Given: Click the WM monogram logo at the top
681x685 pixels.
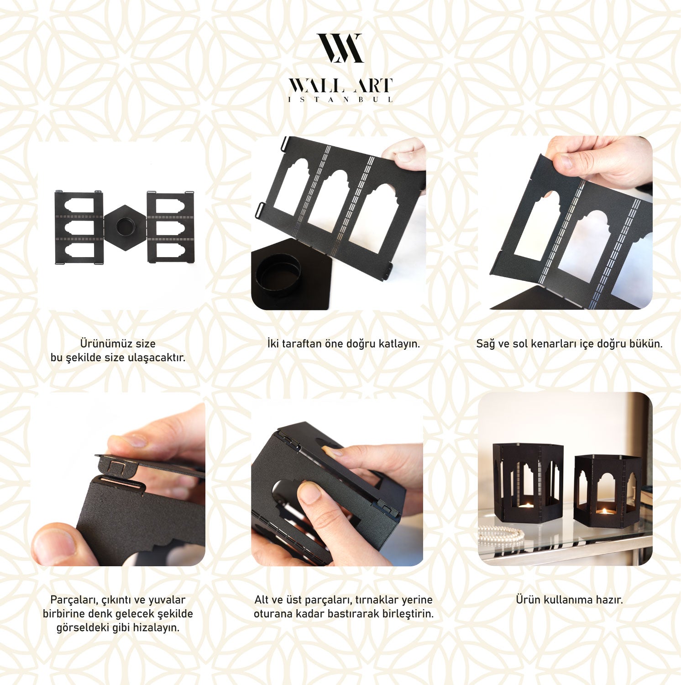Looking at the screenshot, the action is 340,48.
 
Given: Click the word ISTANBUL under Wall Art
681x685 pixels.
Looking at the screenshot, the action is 340,100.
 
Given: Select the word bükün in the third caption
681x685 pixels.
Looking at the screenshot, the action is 646,344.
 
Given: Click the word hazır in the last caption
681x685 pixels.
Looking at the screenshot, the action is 609,600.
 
